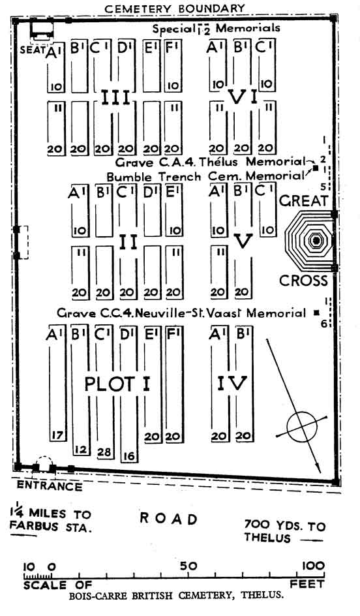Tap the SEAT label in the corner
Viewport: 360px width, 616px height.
[x=33, y=50]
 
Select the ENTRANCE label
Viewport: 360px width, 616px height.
[x=50, y=486]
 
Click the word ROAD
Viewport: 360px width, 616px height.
[x=168, y=519]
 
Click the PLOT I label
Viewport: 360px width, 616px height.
[x=117, y=384]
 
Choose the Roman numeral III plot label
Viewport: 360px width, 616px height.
[x=116, y=97]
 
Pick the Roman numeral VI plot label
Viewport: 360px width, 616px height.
[x=243, y=97]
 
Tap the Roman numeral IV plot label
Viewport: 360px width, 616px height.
[x=232, y=383]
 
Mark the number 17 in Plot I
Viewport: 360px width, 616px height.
[x=57, y=435]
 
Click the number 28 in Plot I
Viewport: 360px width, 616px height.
[x=104, y=452]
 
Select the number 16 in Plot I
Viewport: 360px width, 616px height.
[x=128, y=456]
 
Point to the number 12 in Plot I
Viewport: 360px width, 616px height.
[x=80, y=449]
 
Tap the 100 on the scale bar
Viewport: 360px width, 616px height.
[x=313, y=566]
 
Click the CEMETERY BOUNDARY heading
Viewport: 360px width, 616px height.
[x=175, y=8]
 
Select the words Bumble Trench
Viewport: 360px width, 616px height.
[x=153, y=177]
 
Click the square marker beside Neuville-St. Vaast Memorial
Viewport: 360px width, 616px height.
[x=316, y=313]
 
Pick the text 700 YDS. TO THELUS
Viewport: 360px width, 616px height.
[x=284, y=531]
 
